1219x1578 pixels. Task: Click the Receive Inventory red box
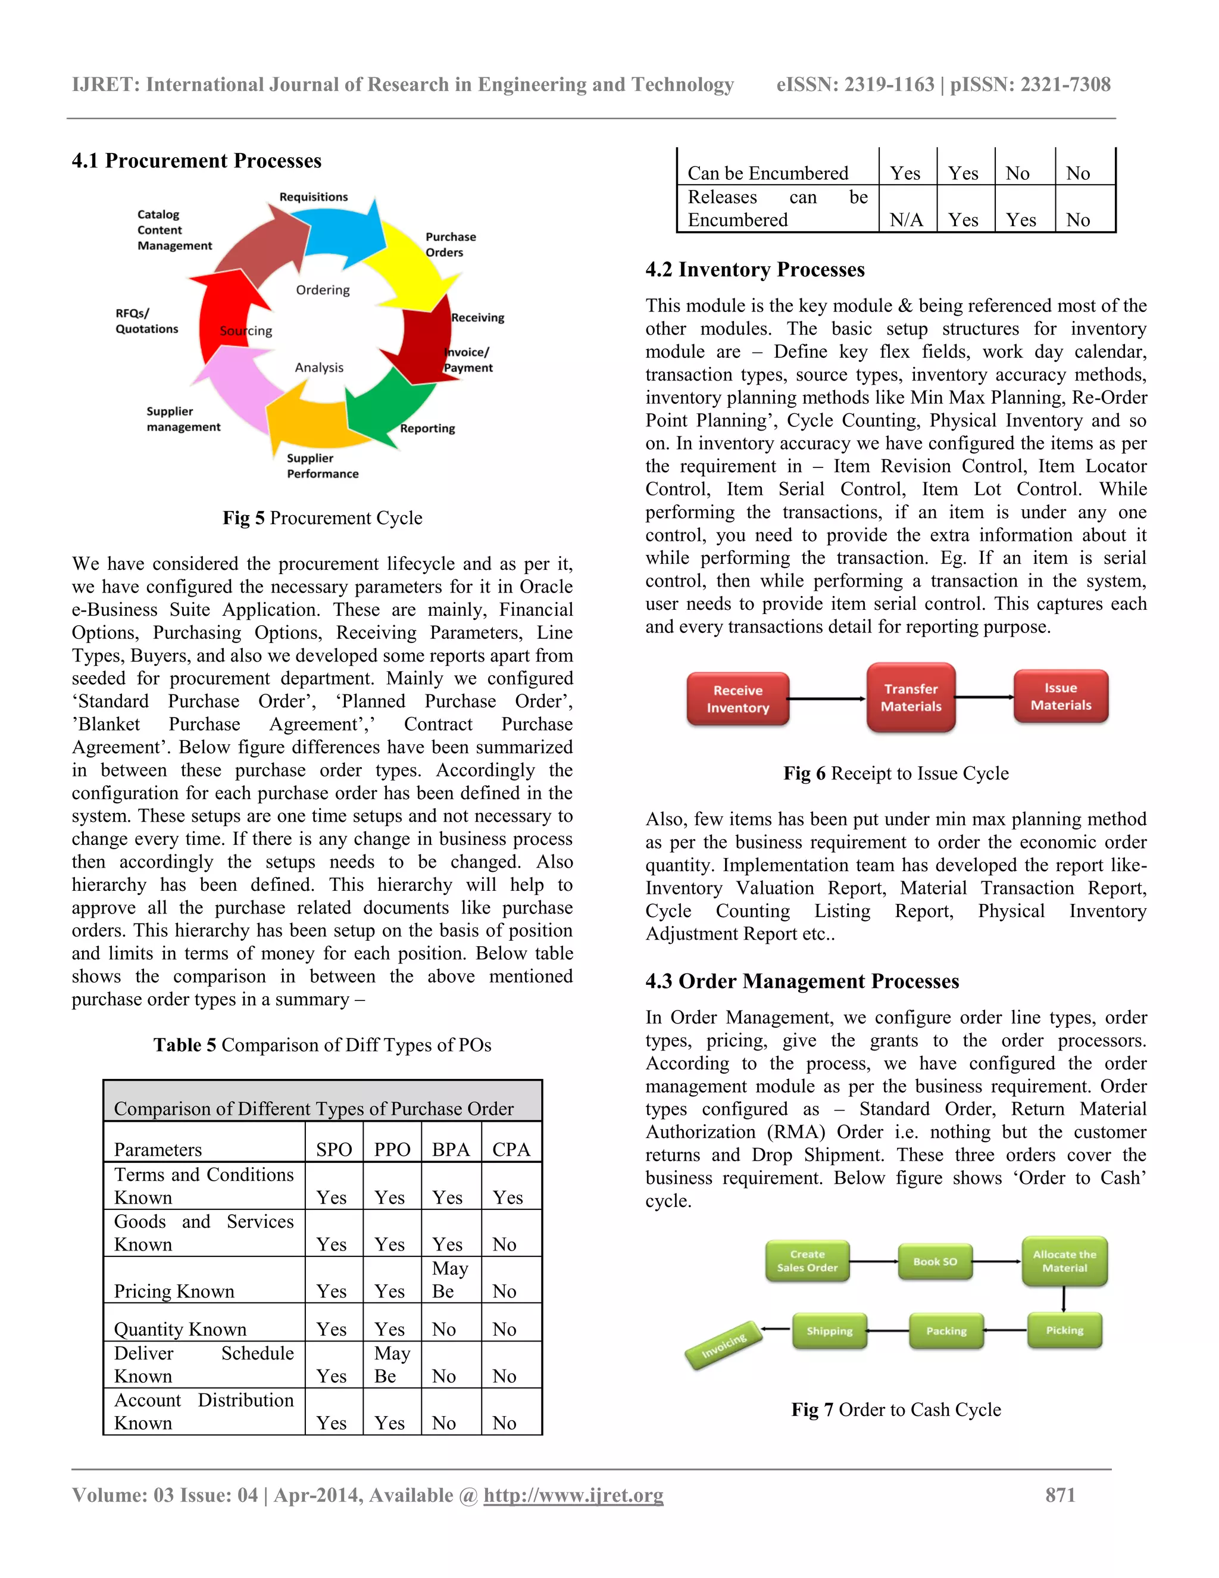click(x=737, y=698)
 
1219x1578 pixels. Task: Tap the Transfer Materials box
click(x=911, y=697)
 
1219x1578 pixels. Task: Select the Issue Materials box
click(x=1060, y=696)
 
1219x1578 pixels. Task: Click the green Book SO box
click(x=934, y=1262)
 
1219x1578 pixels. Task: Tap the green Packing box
click(x=946, y=1331)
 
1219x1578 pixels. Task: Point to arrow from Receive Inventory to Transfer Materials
click(x=827, y=698)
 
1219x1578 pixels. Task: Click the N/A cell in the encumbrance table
click(x=907, y=220)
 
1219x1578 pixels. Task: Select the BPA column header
click(x=451, y=1149)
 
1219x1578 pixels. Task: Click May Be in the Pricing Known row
click(x=451, y=1280)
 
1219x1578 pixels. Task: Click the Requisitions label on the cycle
click(x=314, y=197)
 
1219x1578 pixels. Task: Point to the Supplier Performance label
click(x=322, y=466)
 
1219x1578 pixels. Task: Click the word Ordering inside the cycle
click(x=323, y=290)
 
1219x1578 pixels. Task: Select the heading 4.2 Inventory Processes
click(x=755, y=270)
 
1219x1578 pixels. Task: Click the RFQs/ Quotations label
click(x=146, y=321)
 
